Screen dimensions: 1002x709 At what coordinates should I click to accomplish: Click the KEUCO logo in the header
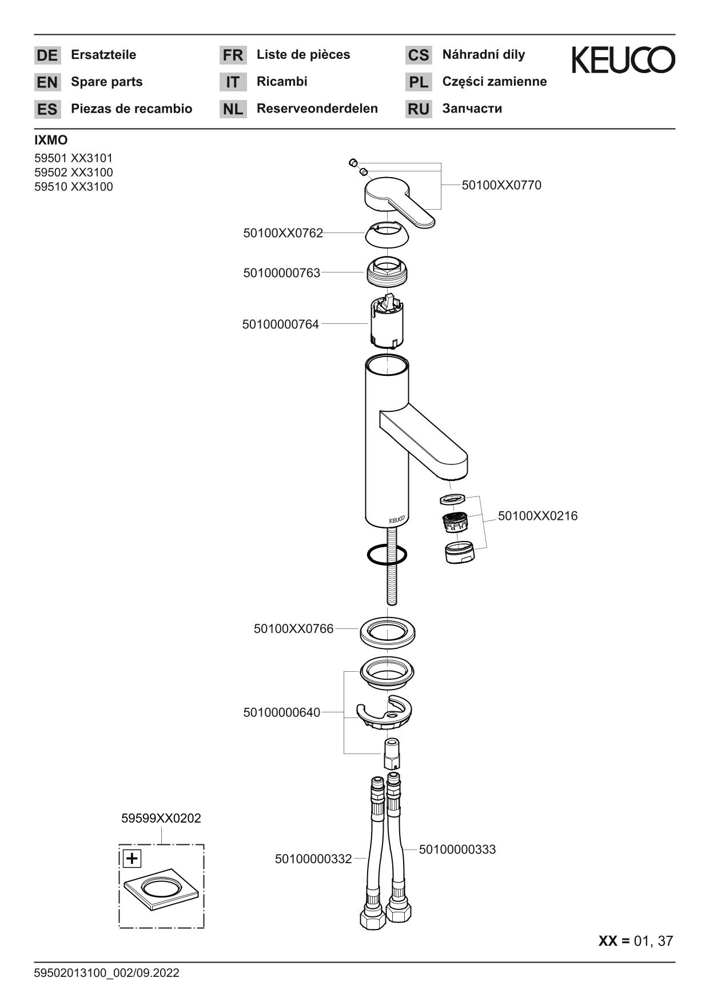[623, 60]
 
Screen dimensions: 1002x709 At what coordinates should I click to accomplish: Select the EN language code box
[47, 82]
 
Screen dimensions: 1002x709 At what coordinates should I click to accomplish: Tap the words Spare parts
[106, 82]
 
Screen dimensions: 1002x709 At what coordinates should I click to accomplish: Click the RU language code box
[419, 109]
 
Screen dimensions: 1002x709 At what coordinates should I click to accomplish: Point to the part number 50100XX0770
[501, 185]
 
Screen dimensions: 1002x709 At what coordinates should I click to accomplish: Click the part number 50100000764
[280, 324]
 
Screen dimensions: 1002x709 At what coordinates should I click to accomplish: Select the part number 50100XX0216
[537, 516]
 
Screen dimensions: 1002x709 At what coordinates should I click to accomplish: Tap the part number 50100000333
[457, 849]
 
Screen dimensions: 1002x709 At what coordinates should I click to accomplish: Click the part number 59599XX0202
[161, 818]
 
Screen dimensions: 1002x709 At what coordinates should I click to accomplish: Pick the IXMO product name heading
[51, 141]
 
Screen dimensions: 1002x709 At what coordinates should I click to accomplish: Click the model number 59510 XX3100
[74, 187]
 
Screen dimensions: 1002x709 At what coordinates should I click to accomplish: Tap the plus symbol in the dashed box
[132, 858]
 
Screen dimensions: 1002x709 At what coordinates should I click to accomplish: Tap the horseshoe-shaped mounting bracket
[384, 714]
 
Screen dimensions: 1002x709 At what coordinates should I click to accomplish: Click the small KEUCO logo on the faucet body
[397, 520]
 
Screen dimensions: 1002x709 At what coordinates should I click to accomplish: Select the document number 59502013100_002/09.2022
[107, 973]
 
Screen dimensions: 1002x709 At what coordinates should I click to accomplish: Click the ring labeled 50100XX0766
[387, 632]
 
